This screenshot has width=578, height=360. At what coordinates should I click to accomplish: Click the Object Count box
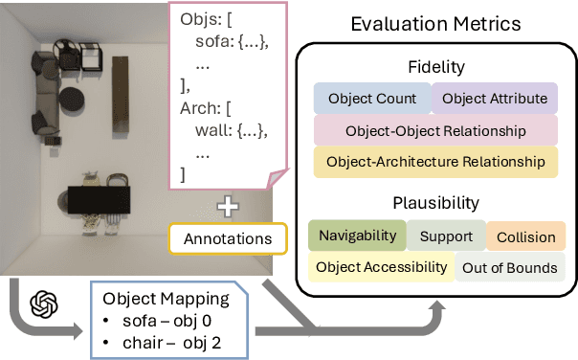(x=372, y=99)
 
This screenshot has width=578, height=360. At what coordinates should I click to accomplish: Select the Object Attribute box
(x=495, y=99)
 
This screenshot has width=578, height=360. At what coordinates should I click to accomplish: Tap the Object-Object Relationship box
(x=435, y=130)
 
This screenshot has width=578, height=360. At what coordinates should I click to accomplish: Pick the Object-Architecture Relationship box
(x=435, y=162)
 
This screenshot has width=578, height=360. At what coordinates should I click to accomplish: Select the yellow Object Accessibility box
(x=381, y=267)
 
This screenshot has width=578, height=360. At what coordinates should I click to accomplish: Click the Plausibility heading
(x=435, y=204)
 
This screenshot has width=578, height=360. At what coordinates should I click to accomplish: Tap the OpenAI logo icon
(x=43, y=304)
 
